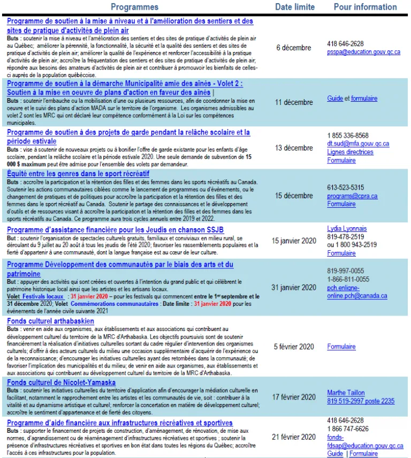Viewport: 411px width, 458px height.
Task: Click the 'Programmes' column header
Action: (134, 7)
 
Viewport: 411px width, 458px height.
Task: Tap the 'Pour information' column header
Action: (365, 7)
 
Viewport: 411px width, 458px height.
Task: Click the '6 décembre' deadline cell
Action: (294, 48)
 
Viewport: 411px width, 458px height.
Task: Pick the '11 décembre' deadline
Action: (294, 102)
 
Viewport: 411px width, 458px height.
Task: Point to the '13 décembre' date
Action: (294, 148)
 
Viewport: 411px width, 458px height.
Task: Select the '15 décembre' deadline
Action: (294, 196)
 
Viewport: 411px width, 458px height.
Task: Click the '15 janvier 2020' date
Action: (294, 241)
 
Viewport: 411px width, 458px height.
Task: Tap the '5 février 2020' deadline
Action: (294, 347)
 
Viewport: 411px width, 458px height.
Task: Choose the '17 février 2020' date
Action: (294, 397)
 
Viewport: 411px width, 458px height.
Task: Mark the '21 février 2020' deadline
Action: (294, 437)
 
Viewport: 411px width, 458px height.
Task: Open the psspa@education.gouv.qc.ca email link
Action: (363, 52)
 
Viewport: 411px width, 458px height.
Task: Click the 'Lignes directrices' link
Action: (350, 152)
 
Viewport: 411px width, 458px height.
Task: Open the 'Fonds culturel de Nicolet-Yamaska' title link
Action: (61, 382)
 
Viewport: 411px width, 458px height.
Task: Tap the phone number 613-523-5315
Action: (345, 188)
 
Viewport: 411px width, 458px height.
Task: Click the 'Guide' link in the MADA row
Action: (335, 99)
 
